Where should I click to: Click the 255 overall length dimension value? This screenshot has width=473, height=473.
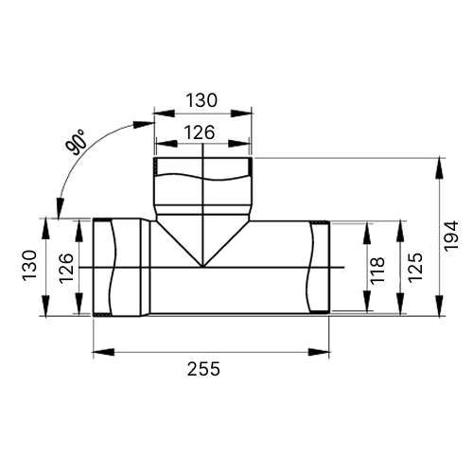coord(203,369)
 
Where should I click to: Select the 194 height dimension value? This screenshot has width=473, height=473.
coord(450,236)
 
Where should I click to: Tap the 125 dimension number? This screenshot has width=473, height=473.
coord(415,267)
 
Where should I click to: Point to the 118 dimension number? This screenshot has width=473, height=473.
coord(377,271)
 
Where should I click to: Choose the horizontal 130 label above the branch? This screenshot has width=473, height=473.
coord(201,100)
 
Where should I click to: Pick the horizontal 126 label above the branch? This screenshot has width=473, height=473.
coord(200,132)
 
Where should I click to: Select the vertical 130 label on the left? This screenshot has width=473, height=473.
coord(29,265)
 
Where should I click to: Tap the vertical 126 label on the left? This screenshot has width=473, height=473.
coord(66,269)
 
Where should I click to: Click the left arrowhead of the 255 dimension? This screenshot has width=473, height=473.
coord(103,352)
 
